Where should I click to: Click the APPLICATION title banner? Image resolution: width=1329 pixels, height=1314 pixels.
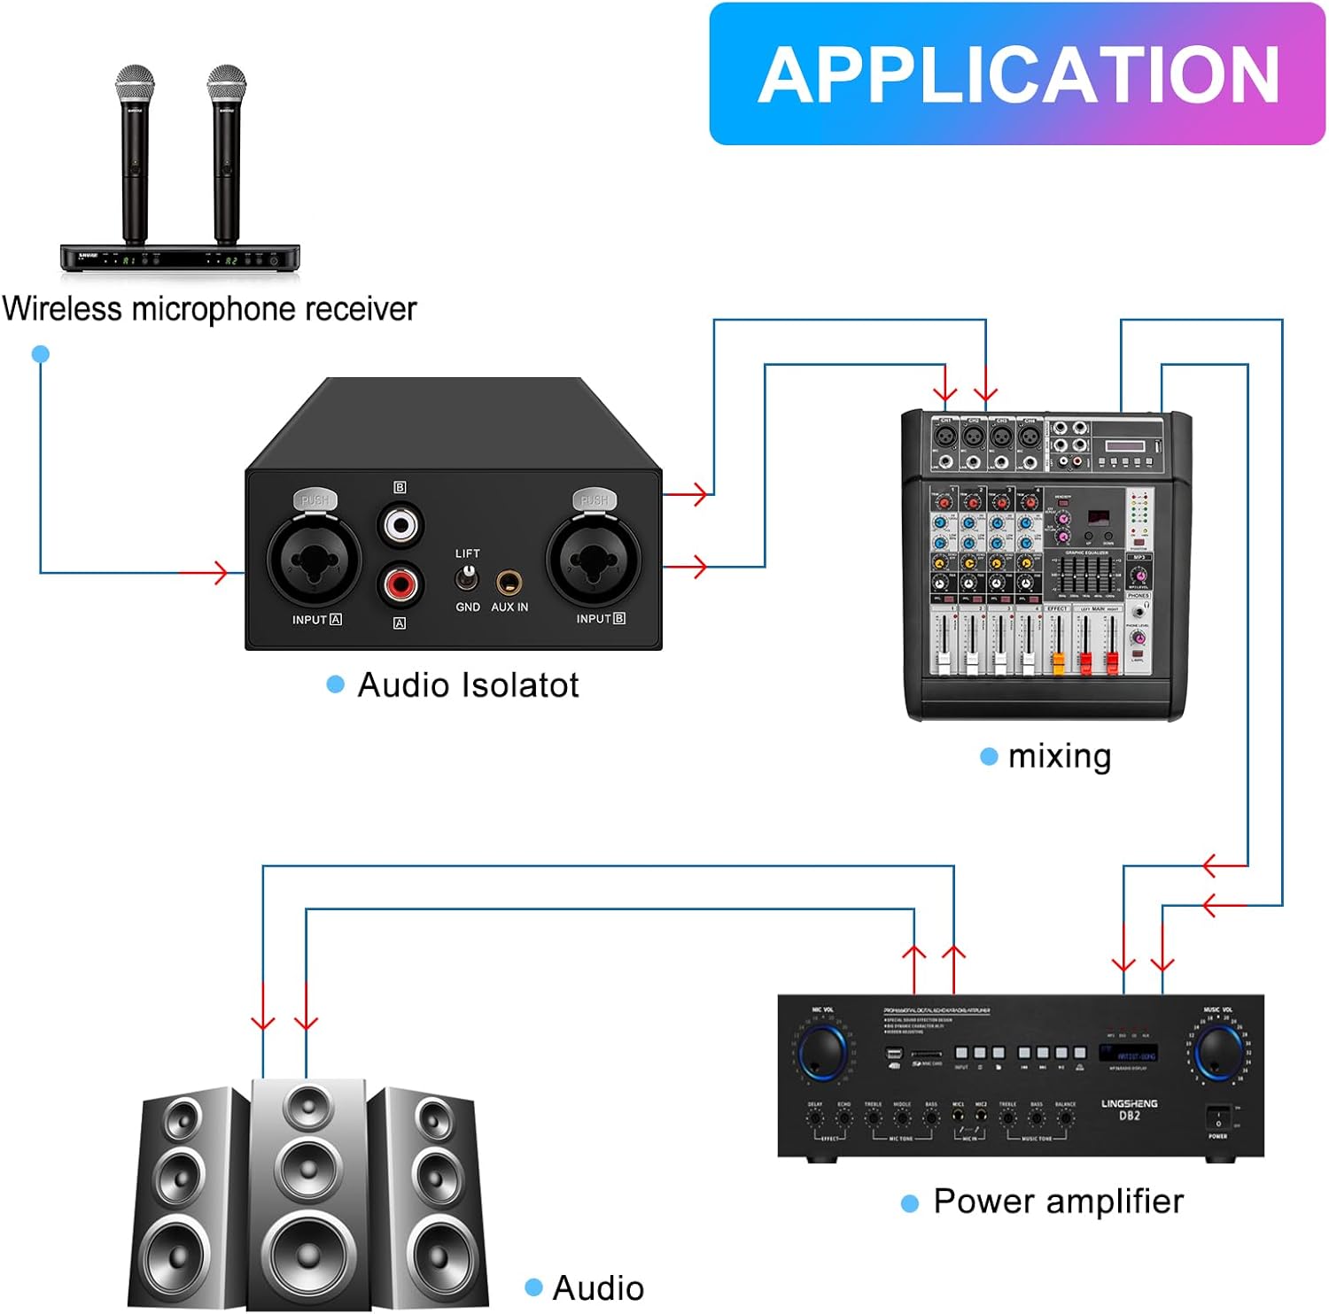pos(1017,74)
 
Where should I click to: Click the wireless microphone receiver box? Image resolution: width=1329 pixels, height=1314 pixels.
pos(180,259)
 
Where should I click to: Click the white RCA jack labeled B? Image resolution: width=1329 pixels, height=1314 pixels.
pos(400,525)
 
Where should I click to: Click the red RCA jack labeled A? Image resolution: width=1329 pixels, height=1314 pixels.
pos(400,584)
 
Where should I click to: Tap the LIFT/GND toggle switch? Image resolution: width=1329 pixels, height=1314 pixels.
pos(466,579)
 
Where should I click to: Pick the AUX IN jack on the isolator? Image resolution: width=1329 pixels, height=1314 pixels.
pos(509,583)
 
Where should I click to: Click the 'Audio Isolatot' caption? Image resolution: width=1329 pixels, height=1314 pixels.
pos(467,685)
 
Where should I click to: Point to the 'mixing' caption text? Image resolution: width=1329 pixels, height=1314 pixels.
pos(1059,756)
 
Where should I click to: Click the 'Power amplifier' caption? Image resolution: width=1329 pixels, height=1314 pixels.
pos(1058,1202)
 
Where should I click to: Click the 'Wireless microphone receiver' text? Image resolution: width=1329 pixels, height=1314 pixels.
pos(209,309)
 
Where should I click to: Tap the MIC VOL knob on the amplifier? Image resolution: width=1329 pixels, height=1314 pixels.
pos(822,1052)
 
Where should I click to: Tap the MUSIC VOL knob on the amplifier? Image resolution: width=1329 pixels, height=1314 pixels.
pos(1218,1052)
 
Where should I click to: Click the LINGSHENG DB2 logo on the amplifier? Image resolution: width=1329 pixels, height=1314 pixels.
pos(1129,1109)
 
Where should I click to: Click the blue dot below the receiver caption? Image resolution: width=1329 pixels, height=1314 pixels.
pos(40,354)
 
